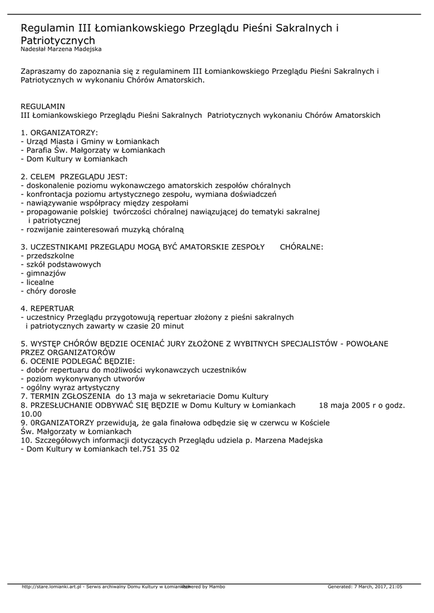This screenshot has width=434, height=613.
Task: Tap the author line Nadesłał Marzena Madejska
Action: (x=61, y=49)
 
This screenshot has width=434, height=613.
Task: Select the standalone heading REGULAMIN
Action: (x=43, y=105)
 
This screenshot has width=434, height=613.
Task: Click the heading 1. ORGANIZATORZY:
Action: (x=59, y=132)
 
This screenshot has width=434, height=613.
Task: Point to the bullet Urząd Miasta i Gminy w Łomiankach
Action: (x=90, y=141)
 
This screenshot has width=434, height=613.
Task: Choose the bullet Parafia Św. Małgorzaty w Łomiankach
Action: (x=93, y=150)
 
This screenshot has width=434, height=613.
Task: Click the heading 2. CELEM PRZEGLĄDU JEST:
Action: (x=74, y=177)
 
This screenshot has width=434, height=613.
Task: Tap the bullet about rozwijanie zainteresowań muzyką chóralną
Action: (x=102, y=229)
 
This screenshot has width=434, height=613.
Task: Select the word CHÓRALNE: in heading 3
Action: (x=302, y=247)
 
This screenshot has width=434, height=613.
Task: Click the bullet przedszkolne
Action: (x=46, y=256)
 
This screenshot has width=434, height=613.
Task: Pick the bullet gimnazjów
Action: (x=43, y=273)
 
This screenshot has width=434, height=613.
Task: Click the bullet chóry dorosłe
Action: (x=48, y=291)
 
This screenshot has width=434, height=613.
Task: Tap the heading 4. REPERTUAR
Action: (x=47, y=308)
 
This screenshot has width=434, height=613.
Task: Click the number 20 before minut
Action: (x=157, y=326)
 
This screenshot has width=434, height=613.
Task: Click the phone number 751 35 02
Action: (x=161, y=449)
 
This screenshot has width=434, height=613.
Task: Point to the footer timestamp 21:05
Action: (x=394, y=587)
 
